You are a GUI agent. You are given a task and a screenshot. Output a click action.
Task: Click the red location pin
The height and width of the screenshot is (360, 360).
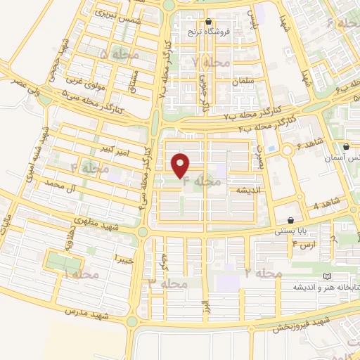click(x=181, y=165)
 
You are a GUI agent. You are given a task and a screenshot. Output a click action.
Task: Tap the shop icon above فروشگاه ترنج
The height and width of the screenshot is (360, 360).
click(x=210, y=21)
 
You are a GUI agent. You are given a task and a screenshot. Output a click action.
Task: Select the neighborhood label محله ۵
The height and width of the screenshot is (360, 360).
click(x=120, y=54)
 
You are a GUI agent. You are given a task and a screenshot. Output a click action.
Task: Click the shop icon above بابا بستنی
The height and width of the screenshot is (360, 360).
click(x=290, y=220)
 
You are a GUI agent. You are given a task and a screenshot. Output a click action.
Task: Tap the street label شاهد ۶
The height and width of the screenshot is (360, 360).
click(x=310, y=143)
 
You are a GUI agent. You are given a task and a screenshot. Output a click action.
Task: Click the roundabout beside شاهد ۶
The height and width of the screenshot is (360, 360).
click(x=287, y=150)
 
